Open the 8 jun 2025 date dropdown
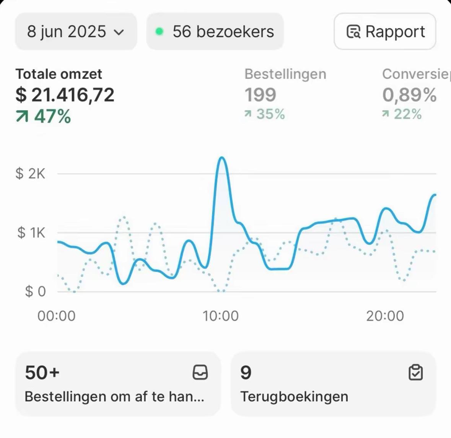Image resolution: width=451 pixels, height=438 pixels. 76,32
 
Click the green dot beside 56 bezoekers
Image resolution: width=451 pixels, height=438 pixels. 160,32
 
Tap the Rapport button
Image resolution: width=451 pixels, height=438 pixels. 385,32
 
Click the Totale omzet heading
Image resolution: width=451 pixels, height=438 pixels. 59,74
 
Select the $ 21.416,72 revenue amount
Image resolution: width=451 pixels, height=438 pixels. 65,95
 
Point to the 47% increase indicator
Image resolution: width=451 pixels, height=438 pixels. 44,116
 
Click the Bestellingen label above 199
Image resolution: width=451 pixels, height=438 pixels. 285,74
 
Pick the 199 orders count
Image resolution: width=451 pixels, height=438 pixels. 260,95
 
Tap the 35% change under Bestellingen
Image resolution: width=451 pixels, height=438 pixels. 265,114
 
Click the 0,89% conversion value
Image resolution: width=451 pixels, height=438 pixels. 409,95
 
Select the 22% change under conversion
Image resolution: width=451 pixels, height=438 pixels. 402,114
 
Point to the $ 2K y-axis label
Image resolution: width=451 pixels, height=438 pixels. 30,174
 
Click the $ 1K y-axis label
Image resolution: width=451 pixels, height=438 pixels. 31,233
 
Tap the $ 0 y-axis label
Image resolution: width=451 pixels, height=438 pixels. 35,291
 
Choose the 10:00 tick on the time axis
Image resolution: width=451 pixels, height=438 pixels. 221,316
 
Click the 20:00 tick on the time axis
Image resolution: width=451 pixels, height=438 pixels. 385,316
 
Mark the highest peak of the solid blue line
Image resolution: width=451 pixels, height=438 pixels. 222,158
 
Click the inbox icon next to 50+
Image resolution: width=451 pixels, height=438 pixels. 200,372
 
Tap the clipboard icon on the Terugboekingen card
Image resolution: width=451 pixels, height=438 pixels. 415,372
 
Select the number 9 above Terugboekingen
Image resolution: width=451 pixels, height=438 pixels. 246,372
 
